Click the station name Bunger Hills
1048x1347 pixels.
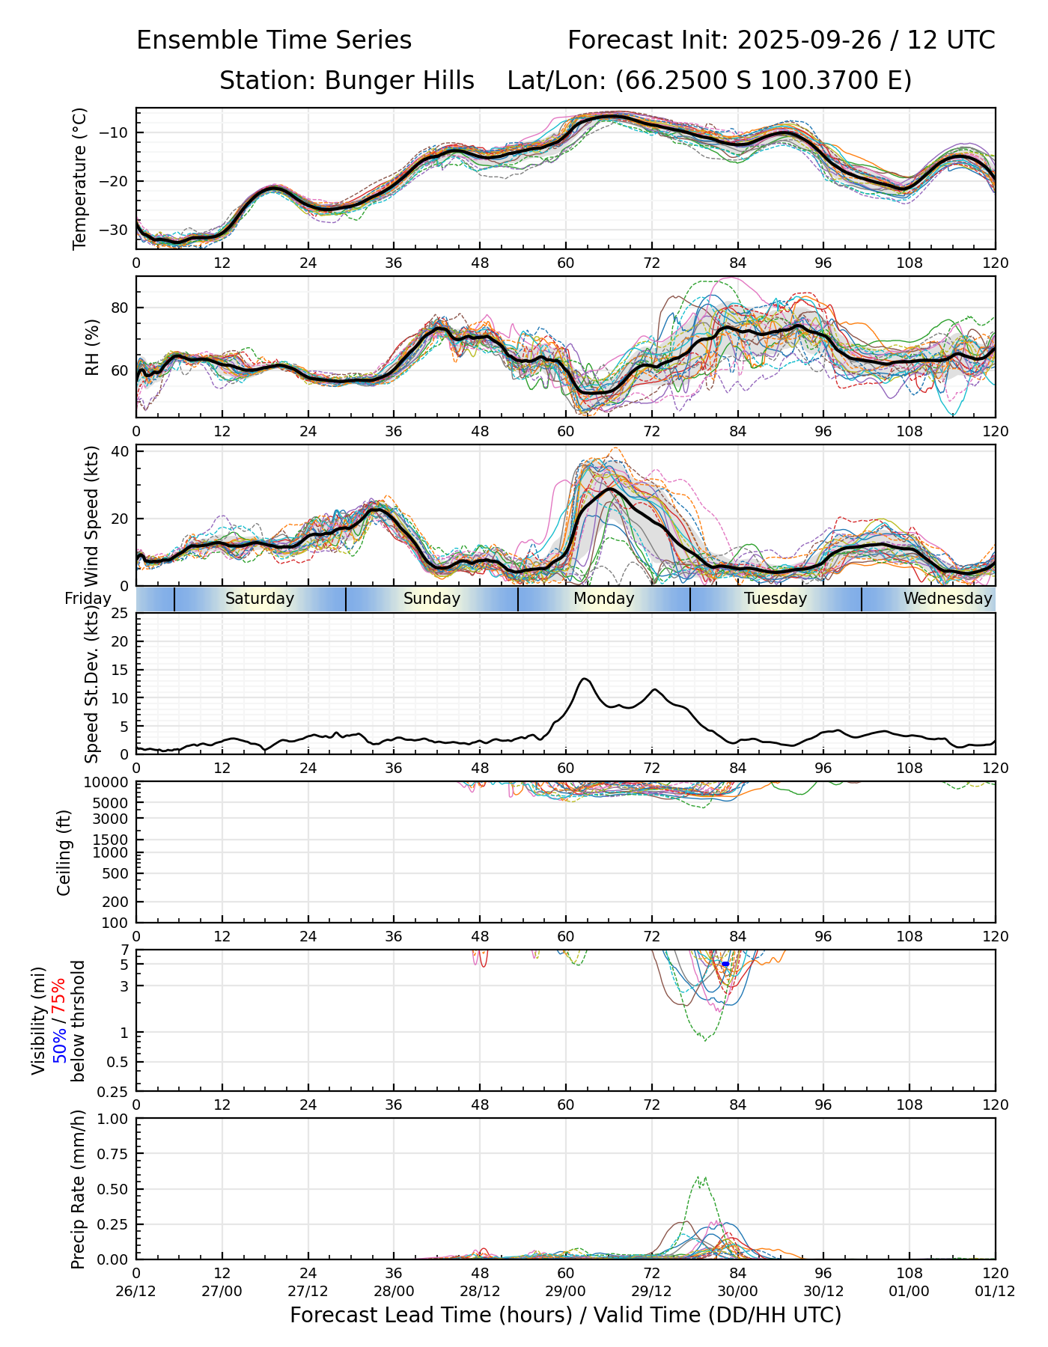(399, 81)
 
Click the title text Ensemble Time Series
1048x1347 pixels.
(274, 40)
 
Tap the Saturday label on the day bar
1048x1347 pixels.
(260, 599)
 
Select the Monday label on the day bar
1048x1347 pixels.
(603, 599)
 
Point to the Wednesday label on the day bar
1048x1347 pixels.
(947, 599)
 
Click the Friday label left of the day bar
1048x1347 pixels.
(88, 599)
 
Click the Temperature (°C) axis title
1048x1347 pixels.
(80, 178)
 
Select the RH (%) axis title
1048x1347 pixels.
(92, 347)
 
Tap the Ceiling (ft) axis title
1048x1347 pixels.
(64, 852)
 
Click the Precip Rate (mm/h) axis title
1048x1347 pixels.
(78, 1189)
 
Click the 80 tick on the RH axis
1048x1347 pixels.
(120, 308)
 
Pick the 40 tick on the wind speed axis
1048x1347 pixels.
(120, 451)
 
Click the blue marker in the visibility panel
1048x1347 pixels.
(725, 965)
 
